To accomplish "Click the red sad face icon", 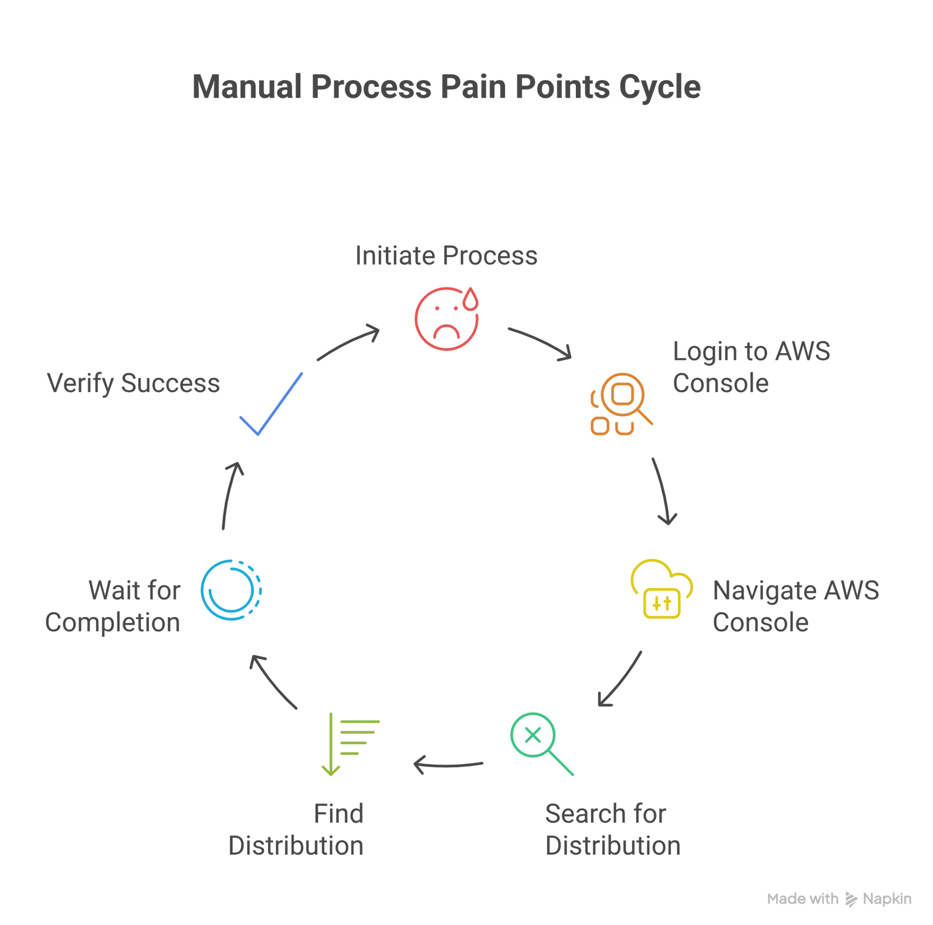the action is point(446,319).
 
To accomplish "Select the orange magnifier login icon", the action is point(621,404).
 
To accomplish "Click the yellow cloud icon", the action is point(661,589).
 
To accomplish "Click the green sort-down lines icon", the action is point(350,744).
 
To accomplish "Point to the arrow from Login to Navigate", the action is point(664,491).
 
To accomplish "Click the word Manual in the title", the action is point(247,87).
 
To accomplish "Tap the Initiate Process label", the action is point(446,256).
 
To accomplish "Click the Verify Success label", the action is point(133,383).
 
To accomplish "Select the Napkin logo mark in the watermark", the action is point(851,899).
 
